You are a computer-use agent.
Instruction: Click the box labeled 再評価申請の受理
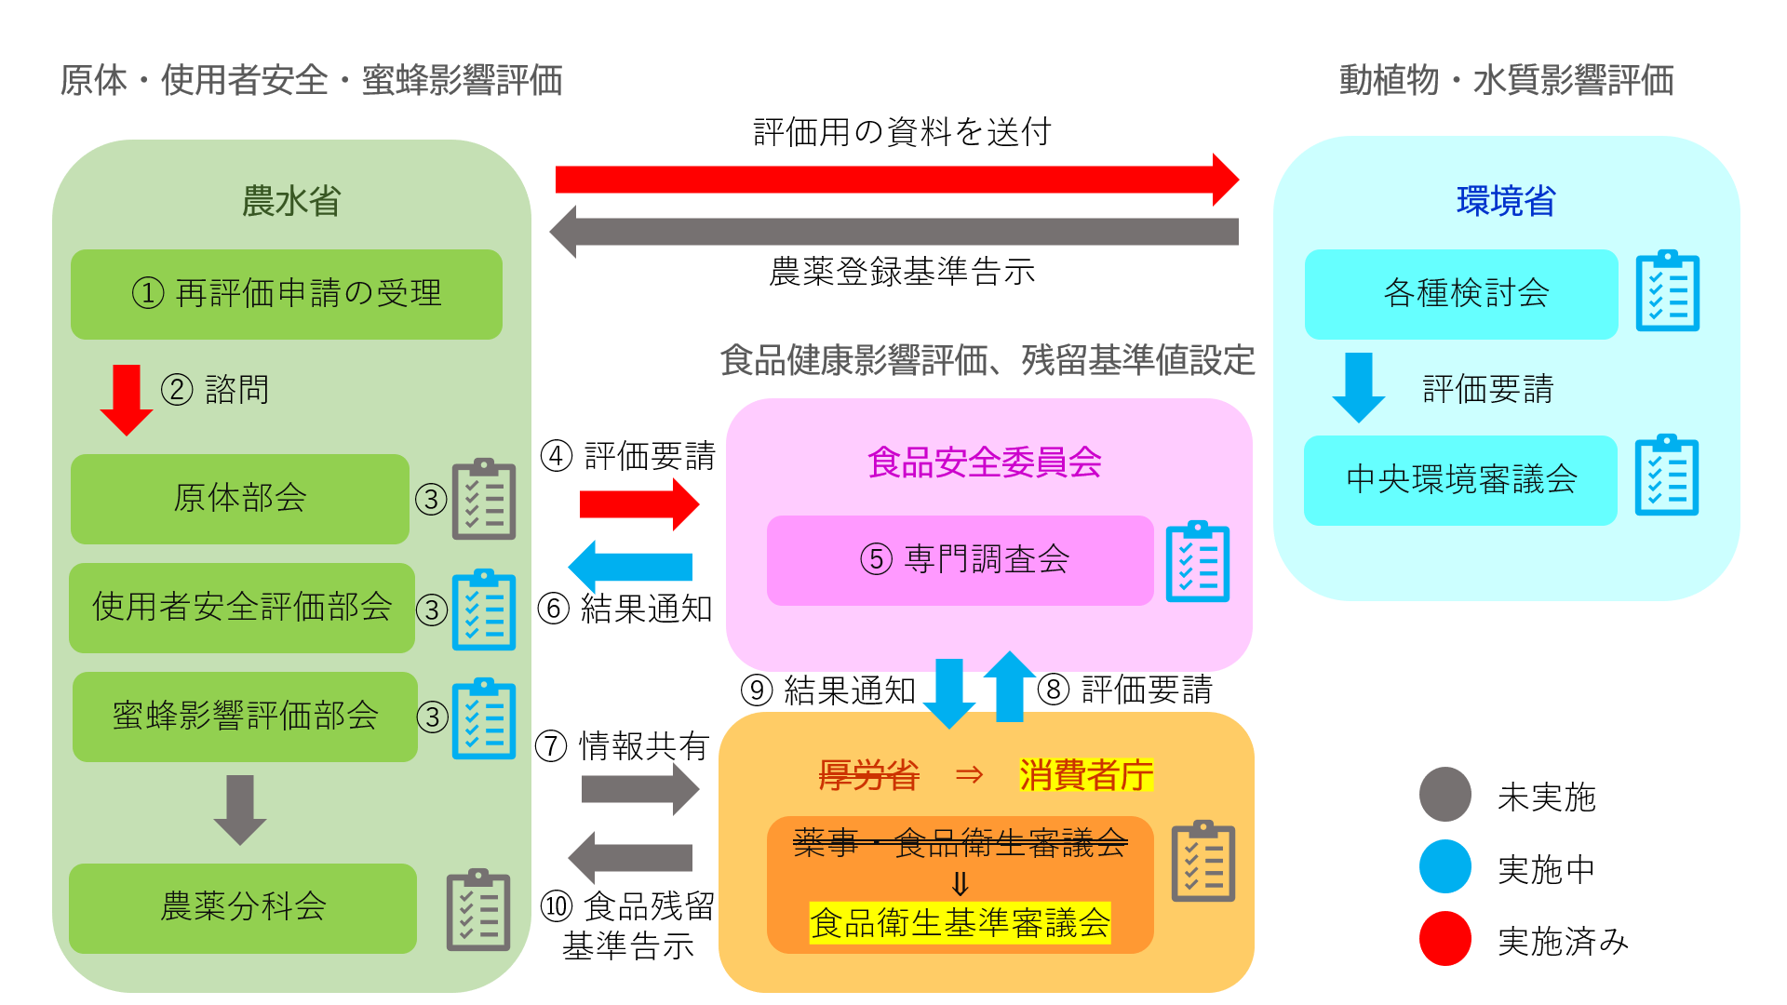287,294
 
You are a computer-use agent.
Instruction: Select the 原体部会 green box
240,499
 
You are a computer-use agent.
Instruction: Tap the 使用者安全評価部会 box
242,608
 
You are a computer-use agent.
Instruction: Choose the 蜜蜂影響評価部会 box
245,717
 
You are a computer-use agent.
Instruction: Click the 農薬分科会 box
243,908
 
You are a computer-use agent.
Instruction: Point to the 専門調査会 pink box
961,560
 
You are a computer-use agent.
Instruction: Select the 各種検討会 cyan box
1461,294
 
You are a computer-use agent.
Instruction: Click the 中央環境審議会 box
1460,480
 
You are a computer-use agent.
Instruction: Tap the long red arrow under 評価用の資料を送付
897,180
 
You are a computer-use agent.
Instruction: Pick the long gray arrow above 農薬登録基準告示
893,232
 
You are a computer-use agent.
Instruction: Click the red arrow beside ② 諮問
127,400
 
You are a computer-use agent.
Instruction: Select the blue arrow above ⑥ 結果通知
630,566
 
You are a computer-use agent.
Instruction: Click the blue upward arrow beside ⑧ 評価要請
1010,687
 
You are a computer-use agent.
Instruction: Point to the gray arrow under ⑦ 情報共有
640,789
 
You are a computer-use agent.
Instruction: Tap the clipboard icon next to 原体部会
484,499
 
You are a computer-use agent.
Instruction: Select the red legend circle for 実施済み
1445,939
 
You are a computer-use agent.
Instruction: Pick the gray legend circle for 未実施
1445,794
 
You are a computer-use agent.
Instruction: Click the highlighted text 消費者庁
1086,774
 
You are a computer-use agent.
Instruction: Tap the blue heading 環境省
1506,201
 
